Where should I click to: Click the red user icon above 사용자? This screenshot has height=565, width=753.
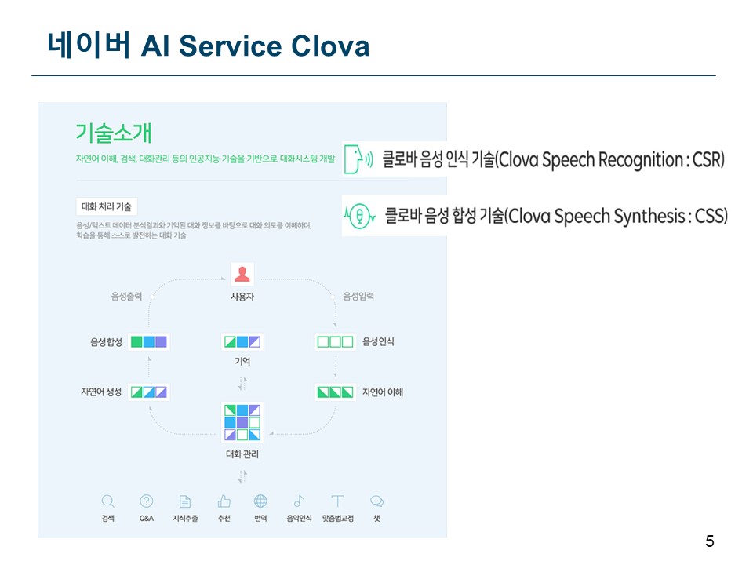point(242,274)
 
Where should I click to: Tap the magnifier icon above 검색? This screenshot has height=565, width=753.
point(108,501)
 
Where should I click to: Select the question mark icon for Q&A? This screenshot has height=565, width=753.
point(147,501)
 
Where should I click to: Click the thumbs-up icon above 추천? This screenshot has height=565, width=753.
point(224,501)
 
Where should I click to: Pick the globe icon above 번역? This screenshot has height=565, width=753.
point(260,501)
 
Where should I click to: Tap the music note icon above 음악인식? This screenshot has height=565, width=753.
point(299,501)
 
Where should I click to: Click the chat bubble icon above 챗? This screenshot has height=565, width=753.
point(376,501)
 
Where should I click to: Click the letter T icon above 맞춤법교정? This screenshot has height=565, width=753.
point(337,501)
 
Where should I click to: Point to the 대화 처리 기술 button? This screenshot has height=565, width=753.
point(107,207)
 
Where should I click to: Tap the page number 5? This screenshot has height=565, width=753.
point(710,541)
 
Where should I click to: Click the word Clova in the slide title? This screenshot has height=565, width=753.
point(330,46)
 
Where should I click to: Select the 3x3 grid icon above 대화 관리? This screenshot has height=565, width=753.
point(242,422)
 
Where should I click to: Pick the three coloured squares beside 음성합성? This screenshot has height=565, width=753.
point(148,342)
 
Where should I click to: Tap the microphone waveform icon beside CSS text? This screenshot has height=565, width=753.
point(358,214)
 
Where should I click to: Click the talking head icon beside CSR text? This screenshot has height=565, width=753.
point(357,159)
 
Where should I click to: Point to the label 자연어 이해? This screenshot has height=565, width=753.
point(383,392)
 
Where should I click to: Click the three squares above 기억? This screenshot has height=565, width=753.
point(242,342)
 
